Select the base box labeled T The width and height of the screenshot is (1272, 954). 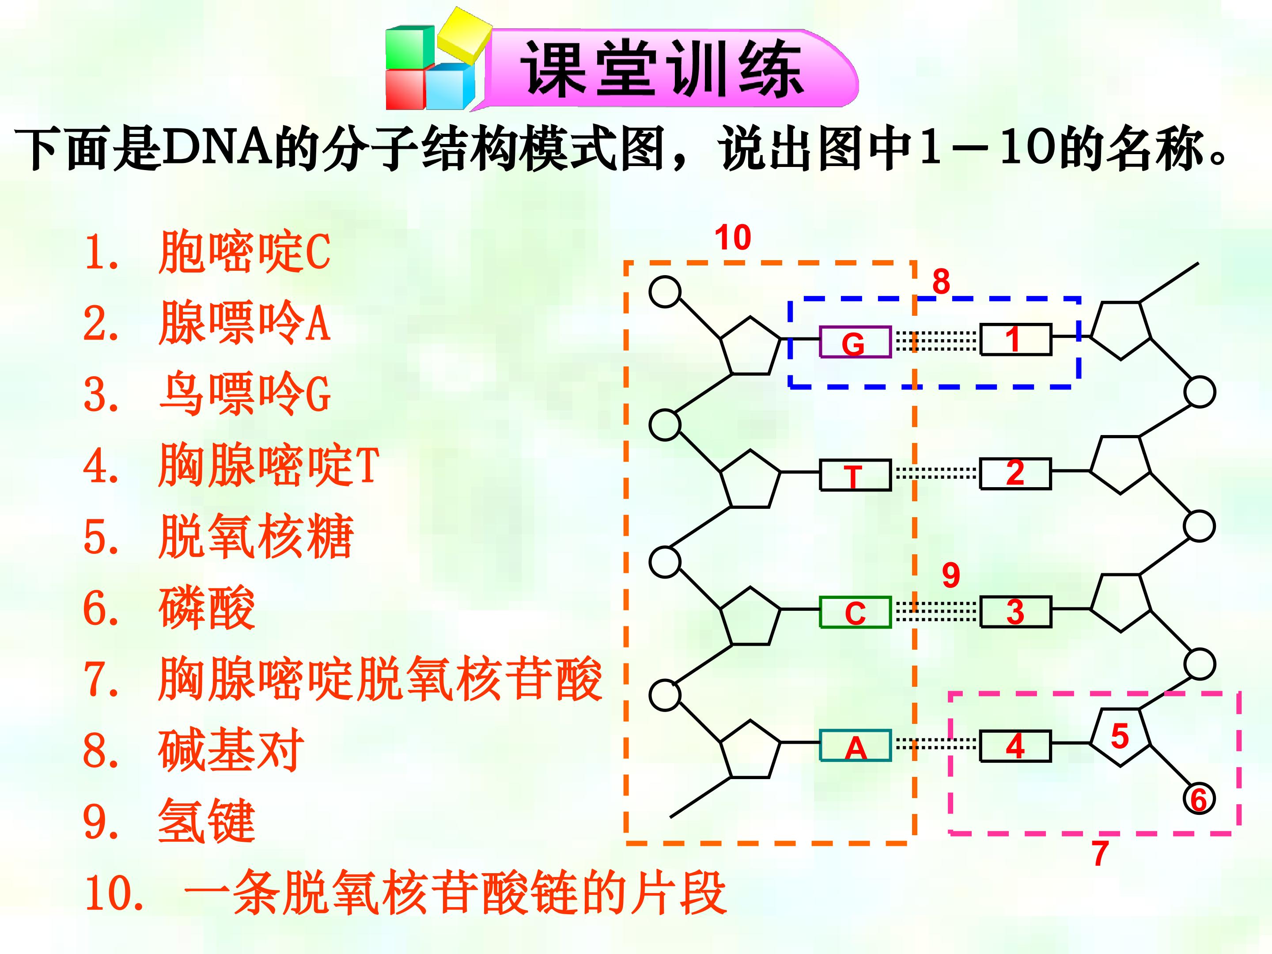pyautogui.click(x=855, y=475)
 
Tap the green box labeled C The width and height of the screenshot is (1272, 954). pyautogui.click(x=855, y=612)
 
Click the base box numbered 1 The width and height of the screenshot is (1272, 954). pyautogui.click(x=1015, y=339)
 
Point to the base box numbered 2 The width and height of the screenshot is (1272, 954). pyautogui.click(x=1015, y=474)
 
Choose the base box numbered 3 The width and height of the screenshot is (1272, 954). pyautogui.click(x=1015, y=611)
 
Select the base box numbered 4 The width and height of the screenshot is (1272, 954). pyautogui.click(x=1015, y=746)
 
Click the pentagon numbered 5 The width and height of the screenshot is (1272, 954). pyautogui.click(x=1120, y=737)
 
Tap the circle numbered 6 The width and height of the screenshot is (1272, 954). pyautogui.click(x=1199, y=799)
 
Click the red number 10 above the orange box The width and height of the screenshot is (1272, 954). pyautogui.click(x=733, y=238)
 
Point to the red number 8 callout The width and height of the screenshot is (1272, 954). pyautogui.click(x=941, y=281)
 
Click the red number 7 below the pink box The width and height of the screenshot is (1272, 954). pyautogui.click(x=1100, y=853)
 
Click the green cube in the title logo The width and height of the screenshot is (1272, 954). pyautogui.click(x=409, y=47)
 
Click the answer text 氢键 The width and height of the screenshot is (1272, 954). pyautogui.click(x=206, y=821)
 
